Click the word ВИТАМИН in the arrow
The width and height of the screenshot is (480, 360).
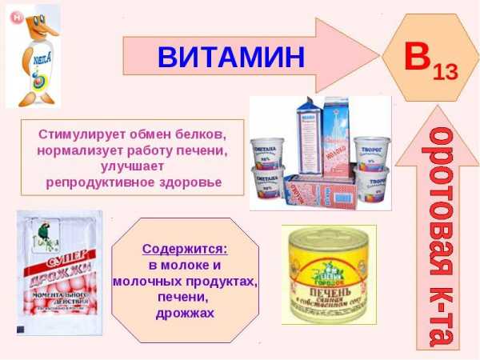coord(231,57)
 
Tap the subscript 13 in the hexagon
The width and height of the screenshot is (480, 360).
coord(445,71)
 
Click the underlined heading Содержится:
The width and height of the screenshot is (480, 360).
coord(185,249)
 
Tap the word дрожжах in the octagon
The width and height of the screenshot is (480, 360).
coord(185,313)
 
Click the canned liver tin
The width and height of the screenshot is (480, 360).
coord(328,273)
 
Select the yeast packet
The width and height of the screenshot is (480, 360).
coord(62,273)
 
